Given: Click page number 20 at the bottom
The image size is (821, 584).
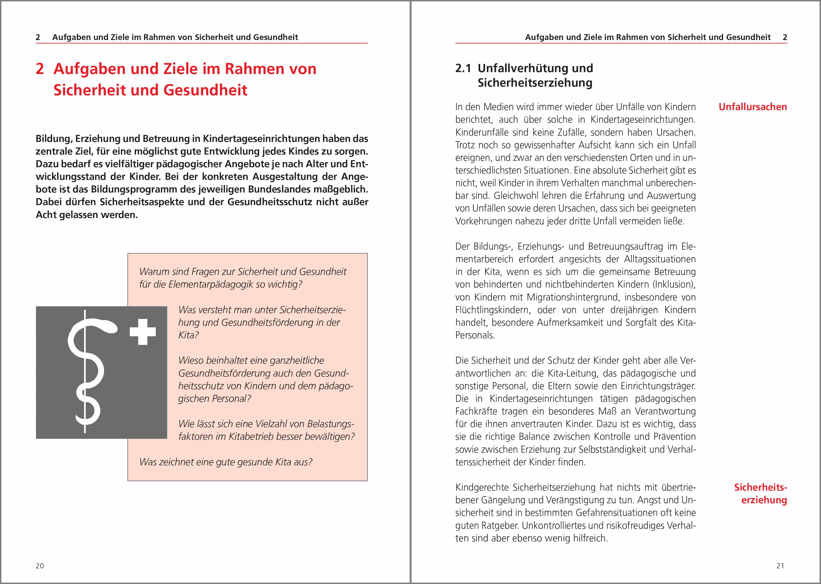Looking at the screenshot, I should point(40,566).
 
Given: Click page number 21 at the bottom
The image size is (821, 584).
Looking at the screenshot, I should point(780,566).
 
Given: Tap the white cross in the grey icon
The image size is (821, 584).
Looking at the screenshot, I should point(143,332).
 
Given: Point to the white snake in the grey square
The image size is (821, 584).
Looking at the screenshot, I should point(90,370).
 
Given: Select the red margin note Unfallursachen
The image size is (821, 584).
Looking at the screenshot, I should point(753,107).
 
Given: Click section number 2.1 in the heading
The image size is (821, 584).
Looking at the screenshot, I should point(463,68).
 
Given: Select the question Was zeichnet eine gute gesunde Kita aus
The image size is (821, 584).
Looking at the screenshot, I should point(226,462).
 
